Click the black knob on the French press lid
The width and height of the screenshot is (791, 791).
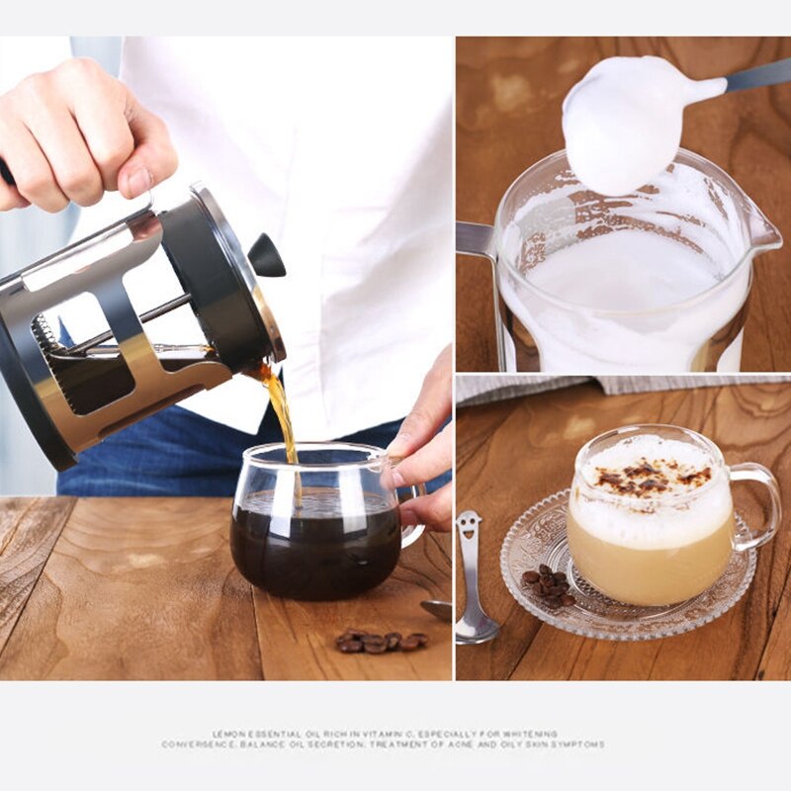266,256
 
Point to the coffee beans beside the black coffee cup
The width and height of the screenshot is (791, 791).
381,642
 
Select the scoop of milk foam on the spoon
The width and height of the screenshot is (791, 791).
623,124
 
